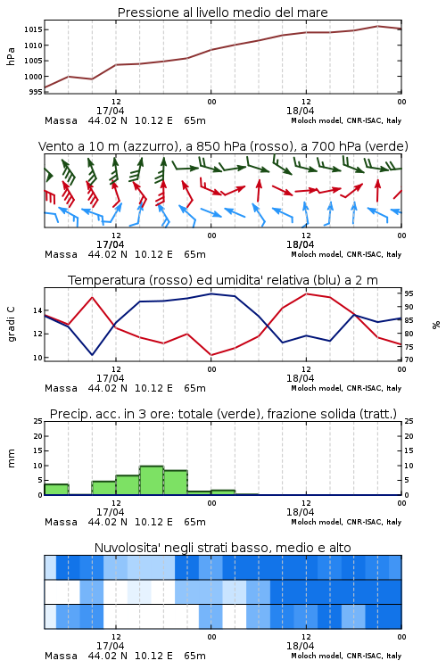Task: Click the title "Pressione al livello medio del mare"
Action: point(222,12)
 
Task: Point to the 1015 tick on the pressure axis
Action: point(32,29)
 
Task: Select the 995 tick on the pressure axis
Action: point(36,92)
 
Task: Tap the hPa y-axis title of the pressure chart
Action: point(11,57)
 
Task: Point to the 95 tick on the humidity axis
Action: point(409,293)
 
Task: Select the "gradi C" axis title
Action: point(12,324)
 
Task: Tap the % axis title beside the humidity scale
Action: point(436,325)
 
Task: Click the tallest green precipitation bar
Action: point(152,481)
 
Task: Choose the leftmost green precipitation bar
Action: point(56,490)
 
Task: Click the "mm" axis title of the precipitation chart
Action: point(11,458)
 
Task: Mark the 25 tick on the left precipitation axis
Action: point(37,421)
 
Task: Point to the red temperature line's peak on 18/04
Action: point(306,293)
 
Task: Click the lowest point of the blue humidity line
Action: point(92,355)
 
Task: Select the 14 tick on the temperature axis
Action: point(37,310)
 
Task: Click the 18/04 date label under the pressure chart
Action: point(300,111)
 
